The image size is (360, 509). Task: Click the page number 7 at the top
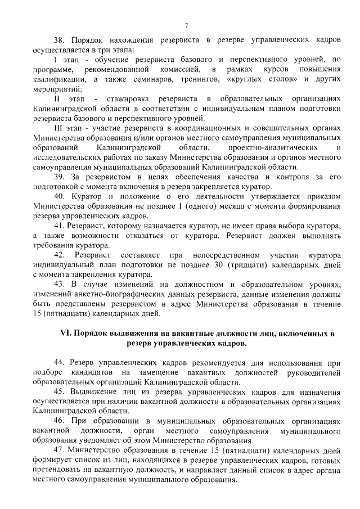pyautogui.click(x=186, y=25)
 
